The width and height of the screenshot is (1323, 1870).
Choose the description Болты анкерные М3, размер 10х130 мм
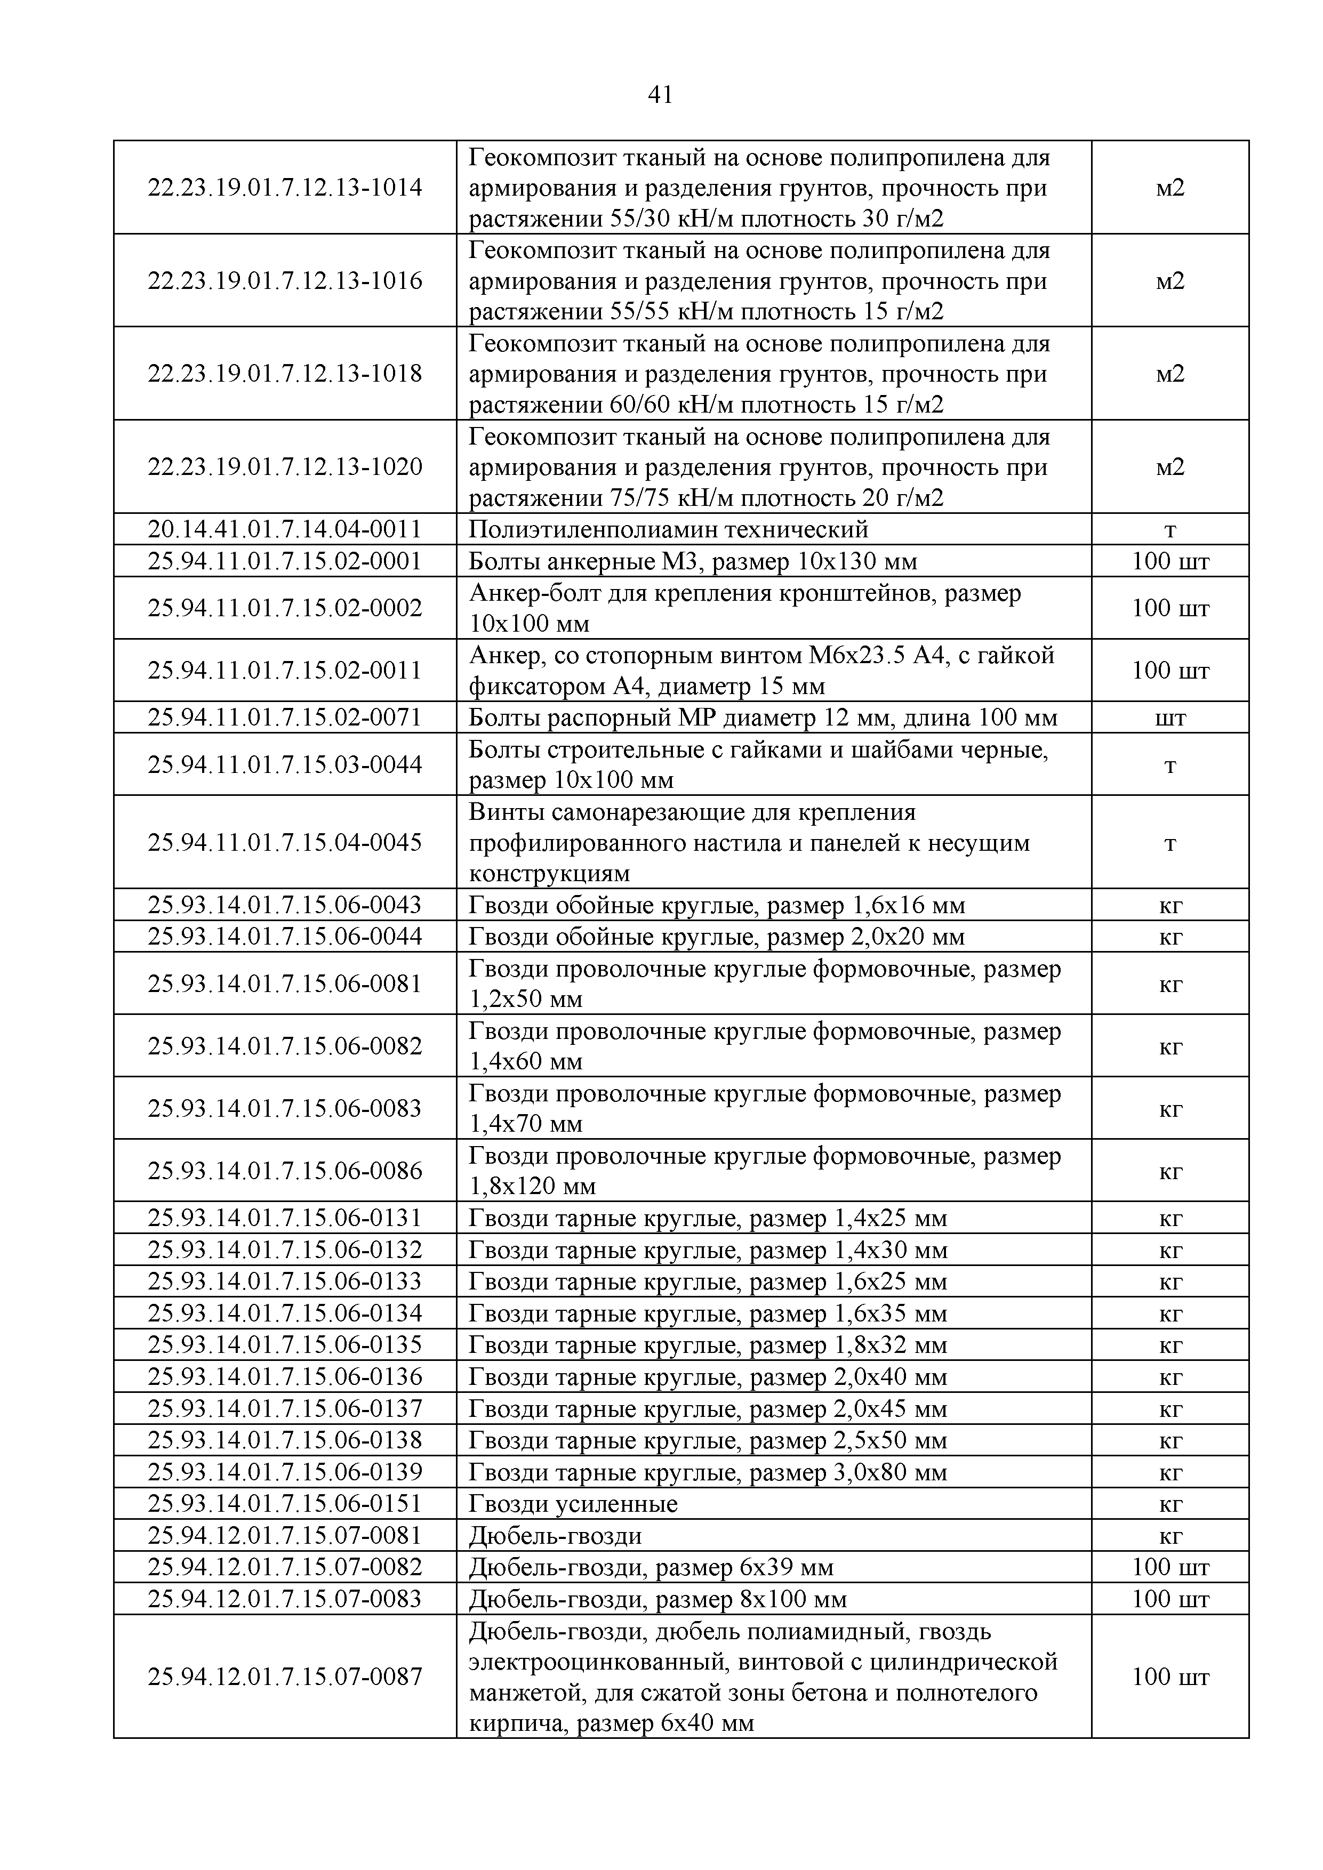point(693,561)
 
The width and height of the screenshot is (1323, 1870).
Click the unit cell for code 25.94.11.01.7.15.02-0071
point(1170,718)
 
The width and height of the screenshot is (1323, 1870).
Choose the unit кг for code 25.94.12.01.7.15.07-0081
point(1170,1536)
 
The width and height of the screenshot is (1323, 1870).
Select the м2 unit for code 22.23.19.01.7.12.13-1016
point(1170,281)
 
